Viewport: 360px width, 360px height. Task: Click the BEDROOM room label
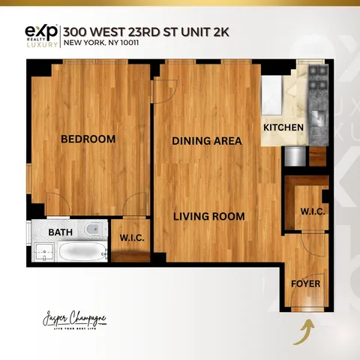[88, 139]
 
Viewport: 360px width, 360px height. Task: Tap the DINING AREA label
[206, 141]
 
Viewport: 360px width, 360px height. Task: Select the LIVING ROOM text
[209, 217]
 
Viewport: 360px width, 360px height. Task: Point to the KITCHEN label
[283, 127]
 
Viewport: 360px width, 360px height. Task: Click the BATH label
[60, 232]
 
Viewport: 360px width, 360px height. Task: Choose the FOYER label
[305, 284]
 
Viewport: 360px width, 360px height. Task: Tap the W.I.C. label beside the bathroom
[132, 238]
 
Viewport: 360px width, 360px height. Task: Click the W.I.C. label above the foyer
[312, 211]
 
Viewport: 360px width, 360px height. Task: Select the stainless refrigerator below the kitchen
[295, 155]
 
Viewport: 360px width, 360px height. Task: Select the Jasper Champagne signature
[75, 319]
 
